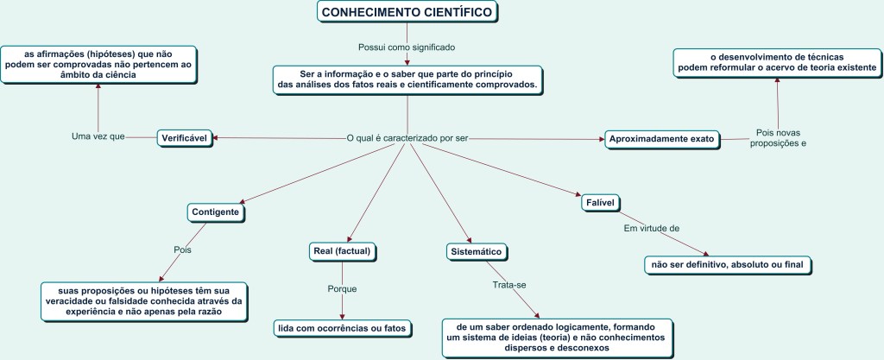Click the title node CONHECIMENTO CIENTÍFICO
click(x=407, y=12)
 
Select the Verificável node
click(x=185, y=137)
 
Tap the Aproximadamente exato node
click(x=660, y=138)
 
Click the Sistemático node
click(x=476, y=251)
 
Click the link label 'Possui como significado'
click(x=406, y=47)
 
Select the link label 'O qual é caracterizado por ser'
click(x=407, y=138)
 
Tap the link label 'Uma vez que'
click(x=98, y=136)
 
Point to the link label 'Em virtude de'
click(x=652, y=228)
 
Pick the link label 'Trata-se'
click(x=509, y=284)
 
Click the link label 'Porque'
click(x=342, y=288)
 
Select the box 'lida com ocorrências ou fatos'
click(x=341, y=328)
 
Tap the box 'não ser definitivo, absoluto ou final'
click(x=730, y=264)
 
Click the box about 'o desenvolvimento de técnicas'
click(x=777, y=61)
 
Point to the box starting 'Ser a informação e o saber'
click(x=407, y=79)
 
